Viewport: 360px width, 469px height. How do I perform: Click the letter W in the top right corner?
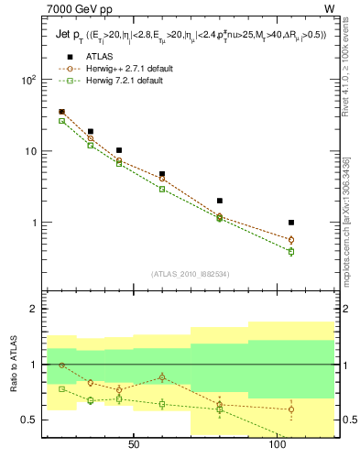click(x=329, y=9)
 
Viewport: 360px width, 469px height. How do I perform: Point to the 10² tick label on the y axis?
click(x=27, y=80)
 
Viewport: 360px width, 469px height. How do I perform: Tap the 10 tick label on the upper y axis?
click(x=29, y=151)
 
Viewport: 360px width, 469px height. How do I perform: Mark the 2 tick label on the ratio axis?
click(x=32, y=309)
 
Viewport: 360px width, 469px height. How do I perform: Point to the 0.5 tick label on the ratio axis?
click(x=27, y=420)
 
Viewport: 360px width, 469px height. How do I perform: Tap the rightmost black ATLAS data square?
click(x=291, y=223)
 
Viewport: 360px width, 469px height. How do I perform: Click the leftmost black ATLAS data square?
click(x=61, y=112)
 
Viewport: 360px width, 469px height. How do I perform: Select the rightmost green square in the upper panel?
click(x=291, y=251)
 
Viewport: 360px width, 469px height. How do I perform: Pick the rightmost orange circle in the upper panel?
click(x=291, y=240)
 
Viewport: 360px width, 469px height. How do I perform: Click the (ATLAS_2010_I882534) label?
click(x=190, y=273)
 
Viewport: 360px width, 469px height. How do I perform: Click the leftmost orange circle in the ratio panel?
click(x=61, y=365)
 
